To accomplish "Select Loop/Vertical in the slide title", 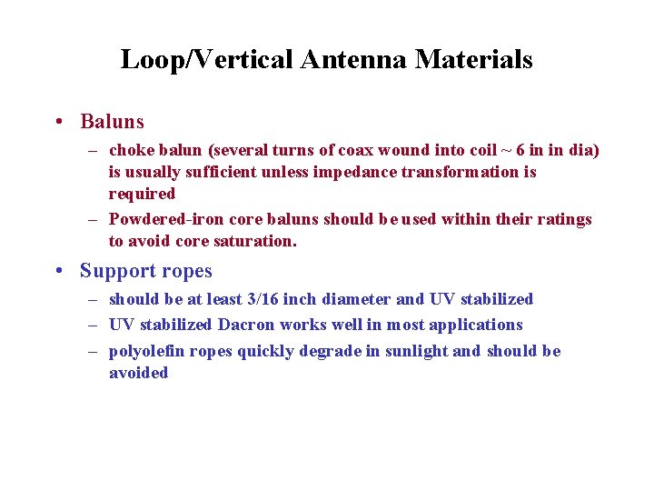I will (205, 60).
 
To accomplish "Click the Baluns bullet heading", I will (112, 121).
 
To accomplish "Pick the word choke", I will (131, 150).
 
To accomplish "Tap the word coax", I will (342, 150).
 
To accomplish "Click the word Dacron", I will (243, 325).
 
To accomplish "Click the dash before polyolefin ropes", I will (94, 351).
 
